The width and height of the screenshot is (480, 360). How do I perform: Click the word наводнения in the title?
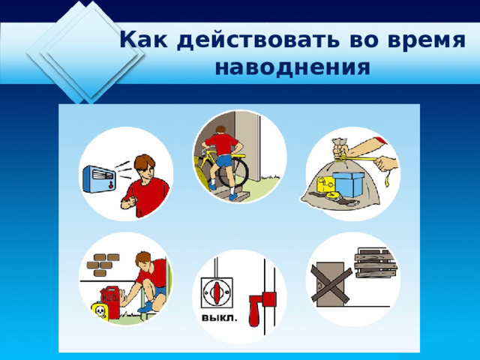tap(292, 67)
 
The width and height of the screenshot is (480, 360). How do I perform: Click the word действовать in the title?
tap(258, 40)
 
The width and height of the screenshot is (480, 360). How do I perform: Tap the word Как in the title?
tap(144, 40)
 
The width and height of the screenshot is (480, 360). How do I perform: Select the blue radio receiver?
tap(99, 179)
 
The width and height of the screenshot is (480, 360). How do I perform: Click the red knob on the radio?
tap(110, 184)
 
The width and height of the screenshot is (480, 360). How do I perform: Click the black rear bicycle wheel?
tap(233, 172)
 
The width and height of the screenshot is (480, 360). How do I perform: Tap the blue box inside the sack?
tap(348, 184)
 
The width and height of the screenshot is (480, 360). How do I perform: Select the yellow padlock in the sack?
tap(325, 185)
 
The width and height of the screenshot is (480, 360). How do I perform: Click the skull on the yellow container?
tap(100, 311)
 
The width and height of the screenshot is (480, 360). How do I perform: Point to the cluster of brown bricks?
tap(103, 265)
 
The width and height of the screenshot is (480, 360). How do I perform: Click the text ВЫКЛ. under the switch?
tap(220, 318)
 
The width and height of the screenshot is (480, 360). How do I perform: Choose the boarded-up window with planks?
tap(376, 263)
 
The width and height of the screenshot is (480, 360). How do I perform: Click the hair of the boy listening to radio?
tap(145, 163)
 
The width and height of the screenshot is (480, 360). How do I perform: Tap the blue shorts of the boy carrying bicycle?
tap(225, 160)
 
